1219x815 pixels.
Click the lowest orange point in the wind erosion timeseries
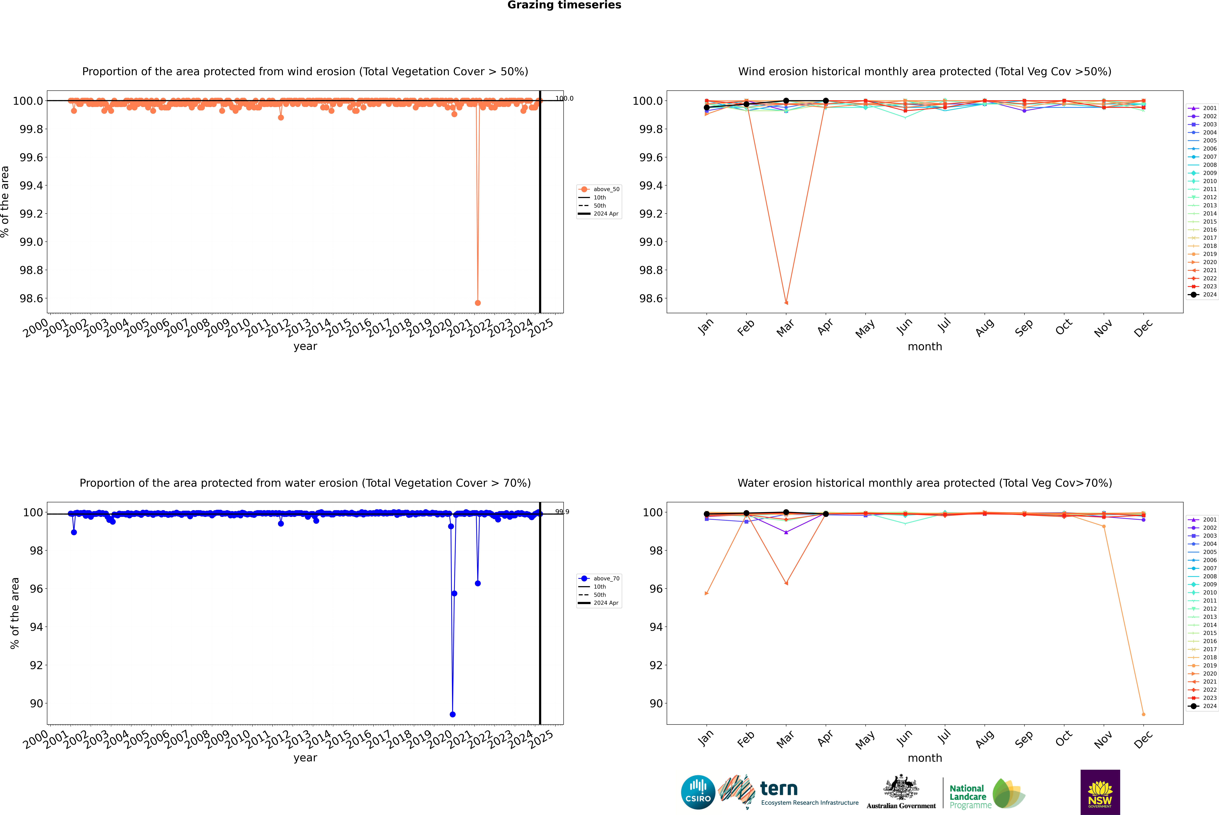pos(478,302)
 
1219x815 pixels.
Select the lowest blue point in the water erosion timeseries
pos(453,714)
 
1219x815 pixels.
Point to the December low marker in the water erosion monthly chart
pos(1143,714)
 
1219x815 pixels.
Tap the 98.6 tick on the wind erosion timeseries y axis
pos(31,298)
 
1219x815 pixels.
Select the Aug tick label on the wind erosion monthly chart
pos(985,327)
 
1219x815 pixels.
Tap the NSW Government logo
pos(1100,792)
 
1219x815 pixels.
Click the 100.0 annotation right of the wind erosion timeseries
pos(564,98)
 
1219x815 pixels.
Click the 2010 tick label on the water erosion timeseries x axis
pos(237,739)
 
